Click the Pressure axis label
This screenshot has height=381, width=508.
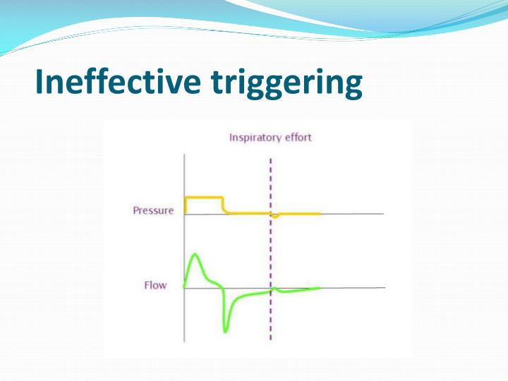click(x=153, y=211)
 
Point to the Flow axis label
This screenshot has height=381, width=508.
click(x=155, y=286)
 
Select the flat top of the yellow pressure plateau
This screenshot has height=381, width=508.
click(x=204, y=198)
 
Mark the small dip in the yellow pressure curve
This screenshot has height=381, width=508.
click(x=276, y=216)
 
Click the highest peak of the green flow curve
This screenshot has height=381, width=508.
click(x=195, y=253)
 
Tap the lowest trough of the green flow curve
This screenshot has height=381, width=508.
click(x=226, y=331)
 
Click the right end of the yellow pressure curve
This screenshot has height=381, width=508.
click(x=321, y=213)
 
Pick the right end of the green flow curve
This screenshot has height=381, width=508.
click(x=320, y=287)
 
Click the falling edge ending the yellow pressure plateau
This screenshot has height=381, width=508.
click(x=223, y=205)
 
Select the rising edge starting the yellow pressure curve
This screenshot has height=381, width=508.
click(x=185, y=205)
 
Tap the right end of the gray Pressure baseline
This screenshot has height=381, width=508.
click(x=383, y=213)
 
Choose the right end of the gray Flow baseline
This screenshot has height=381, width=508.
click(x=385, y=287)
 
